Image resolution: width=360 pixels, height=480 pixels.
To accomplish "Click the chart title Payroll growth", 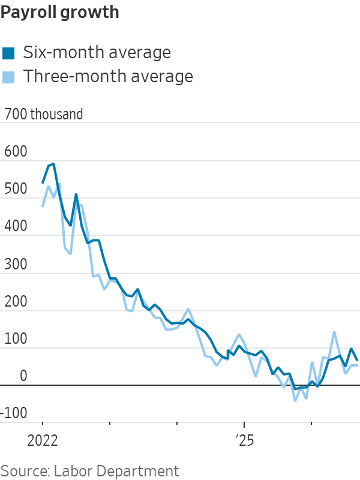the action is coord(59,13).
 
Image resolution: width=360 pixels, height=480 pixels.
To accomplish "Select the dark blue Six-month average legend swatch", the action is coord(8,53).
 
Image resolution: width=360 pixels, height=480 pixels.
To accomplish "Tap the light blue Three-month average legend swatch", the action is coord(8,77).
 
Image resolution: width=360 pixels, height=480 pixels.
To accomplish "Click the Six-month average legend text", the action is coord(97,52).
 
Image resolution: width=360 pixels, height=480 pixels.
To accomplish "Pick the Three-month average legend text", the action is coord(109,76).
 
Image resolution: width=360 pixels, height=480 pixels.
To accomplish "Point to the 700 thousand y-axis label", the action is coord(43,114).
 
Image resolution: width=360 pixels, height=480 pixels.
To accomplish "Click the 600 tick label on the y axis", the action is coord(16,151).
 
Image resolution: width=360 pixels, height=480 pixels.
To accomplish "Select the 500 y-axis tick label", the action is coord(16,188).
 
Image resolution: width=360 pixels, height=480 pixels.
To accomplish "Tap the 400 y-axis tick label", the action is coord(16,226).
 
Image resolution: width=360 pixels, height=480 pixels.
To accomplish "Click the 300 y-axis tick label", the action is coord(16,264).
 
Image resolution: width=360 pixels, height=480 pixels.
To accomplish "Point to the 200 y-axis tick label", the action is coord(16,301).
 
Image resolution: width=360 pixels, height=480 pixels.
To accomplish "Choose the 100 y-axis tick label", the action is coord(16,338).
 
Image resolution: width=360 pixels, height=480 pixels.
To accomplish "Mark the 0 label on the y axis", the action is coord(23,376).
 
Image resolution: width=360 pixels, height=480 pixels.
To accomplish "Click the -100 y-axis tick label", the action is coord(14,413).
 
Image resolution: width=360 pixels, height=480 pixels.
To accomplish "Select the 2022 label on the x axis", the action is coord(42,441).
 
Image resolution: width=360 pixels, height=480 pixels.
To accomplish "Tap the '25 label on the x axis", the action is coord(245,441).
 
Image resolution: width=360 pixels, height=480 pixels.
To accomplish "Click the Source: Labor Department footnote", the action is coord(89,472).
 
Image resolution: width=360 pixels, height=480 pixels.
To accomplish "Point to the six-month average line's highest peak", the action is coord(53,164).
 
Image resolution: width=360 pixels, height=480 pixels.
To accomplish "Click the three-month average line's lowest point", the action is coord(295,400).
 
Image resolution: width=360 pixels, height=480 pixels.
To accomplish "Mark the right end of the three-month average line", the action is coord(357,365).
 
